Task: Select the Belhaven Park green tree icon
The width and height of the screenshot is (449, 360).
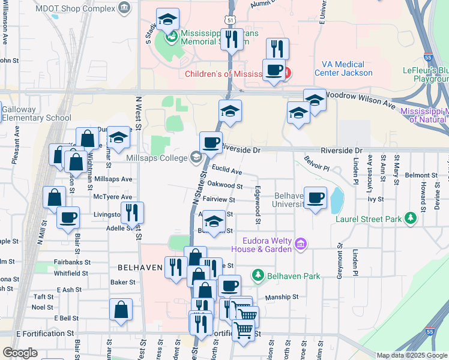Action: tap(258, 275)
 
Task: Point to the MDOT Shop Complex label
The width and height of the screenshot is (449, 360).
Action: tap(83, 8)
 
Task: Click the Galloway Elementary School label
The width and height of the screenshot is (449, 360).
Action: tap(36, 113)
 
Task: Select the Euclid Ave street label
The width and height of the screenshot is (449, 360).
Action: tap(226, 172)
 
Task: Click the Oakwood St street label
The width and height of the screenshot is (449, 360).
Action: tap(225, 186)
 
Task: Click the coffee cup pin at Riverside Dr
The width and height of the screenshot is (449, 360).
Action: tap(211, 143)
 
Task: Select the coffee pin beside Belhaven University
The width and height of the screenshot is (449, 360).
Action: tap(315, 197)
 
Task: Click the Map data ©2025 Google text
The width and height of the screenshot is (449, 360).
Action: tap(411, 355)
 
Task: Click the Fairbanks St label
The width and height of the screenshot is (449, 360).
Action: tap(74, 262)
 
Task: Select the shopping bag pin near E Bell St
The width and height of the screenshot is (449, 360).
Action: tap(121, 310)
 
